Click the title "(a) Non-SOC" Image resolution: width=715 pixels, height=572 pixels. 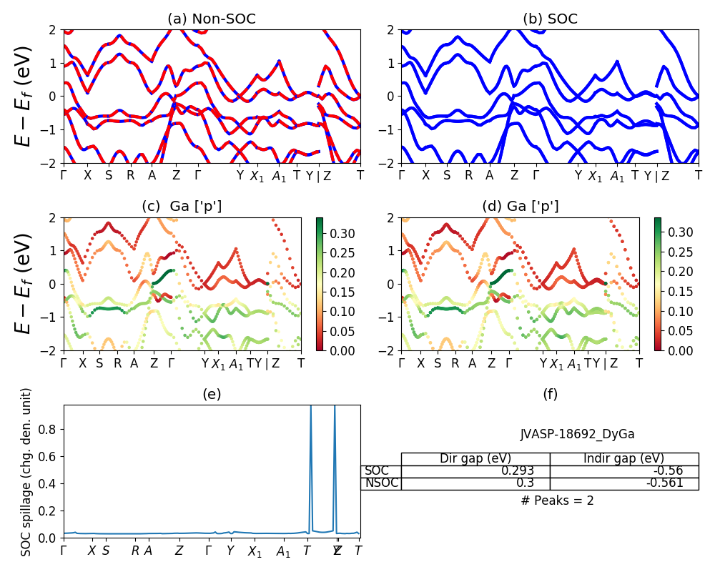coord(211,19)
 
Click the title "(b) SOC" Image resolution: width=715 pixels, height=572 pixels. coord(550,19)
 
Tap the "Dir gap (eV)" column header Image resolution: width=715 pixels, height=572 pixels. coord(475,459)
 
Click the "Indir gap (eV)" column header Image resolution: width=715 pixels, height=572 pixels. coord(623,459)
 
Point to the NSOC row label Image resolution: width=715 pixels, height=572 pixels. coord(380,483)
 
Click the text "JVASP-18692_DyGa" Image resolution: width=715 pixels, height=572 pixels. coord(577,434)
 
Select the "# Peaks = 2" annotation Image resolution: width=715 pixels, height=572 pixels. coord(557,500)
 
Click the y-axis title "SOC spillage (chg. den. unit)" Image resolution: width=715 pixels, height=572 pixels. coord(26,472)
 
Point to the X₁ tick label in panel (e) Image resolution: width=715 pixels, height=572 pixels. coord(255,551)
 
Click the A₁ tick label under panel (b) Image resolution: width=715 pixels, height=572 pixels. coord(617,176)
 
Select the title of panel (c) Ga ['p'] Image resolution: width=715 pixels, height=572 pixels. coord(182,207)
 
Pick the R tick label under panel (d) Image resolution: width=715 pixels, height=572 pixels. coord(455,363)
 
